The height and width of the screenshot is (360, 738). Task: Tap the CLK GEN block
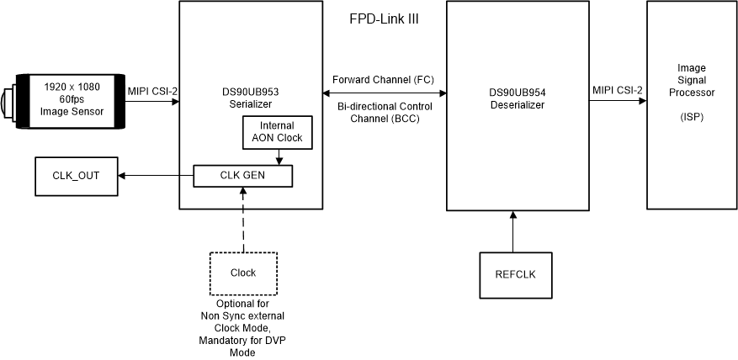(x=242, y=176)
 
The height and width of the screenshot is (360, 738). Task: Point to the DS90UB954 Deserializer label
(x=518, y=99)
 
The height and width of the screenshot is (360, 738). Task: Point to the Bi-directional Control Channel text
(x=384, y=114)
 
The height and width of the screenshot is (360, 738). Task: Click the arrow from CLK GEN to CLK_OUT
(x=156, y=176)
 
